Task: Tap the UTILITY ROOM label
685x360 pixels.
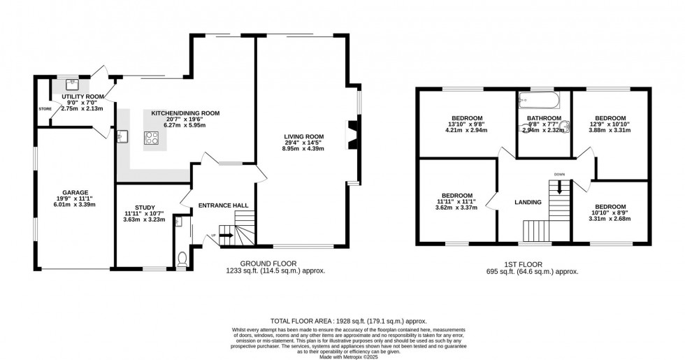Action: pyautogui.click(x=82, y=96)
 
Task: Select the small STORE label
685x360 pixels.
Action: pyautogui.click(x=45, y=109)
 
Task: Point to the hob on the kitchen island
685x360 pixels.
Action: pyautogui.click(x=152, y=138)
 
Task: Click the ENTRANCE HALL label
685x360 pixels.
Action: pyautogui.click(x=224, y=206)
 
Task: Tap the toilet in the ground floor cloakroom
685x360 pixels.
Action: pyautogui.click(x=183, y=259)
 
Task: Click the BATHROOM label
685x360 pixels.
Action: pyautogui.click(x=544, y=118)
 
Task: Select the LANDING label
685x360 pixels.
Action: pyautogui.click(x=528, y=203)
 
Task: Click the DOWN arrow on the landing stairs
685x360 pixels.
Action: pyautogui.click(x=559, y=187)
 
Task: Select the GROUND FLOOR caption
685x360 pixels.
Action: pyautogui.click(x=275, y=264)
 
